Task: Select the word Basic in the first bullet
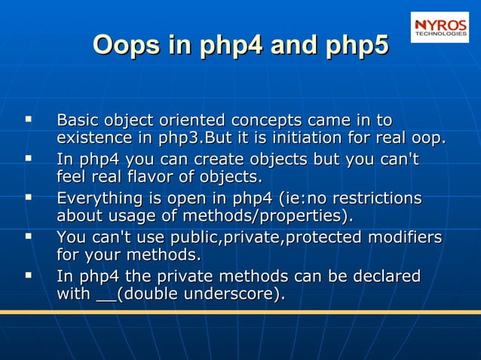(x=78, y=121)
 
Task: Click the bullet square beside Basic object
(x=28, y=119)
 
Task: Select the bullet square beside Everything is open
(x=28, y=197)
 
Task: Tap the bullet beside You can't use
(x=28, y=236)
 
